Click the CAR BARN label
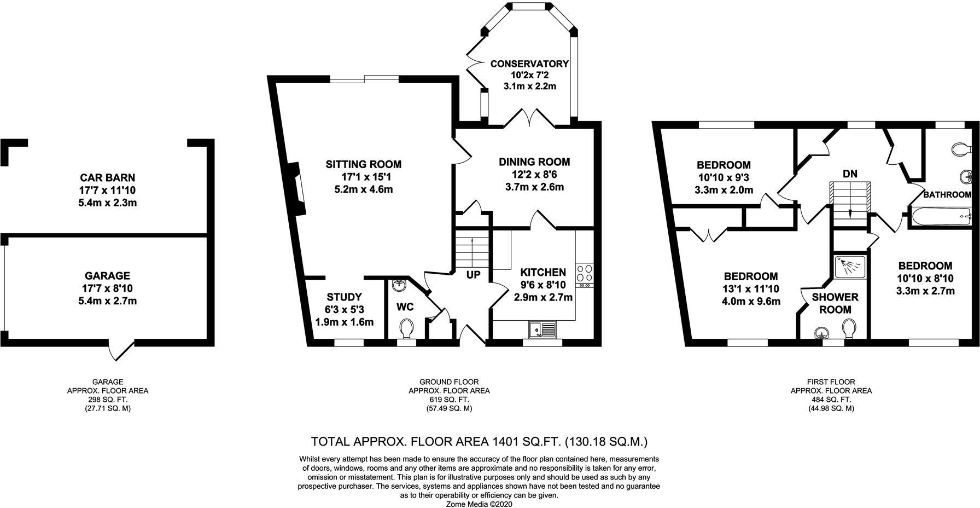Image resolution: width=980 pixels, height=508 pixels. click(107, 178)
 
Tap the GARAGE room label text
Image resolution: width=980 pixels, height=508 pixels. click(107, 276)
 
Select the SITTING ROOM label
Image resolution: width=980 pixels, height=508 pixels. click(364, 164)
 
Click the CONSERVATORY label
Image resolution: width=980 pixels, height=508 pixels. click(529, 64)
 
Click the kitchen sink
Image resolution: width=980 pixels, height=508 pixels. click(542, 330)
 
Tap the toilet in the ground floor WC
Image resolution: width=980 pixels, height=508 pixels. click(405, 330)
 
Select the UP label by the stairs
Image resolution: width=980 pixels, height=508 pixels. click(473, 275)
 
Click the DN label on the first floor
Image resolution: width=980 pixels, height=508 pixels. click(850, 174)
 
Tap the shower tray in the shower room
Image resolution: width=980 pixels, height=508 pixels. click(850, 267)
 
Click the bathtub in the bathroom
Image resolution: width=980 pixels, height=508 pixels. click(941, 216)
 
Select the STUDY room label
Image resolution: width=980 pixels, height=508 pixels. click(344, 297)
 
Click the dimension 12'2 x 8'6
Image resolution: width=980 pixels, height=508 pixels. click(534, 175)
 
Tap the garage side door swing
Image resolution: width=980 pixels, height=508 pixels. click(121, 350)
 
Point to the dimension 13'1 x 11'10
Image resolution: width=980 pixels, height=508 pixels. click(751, 289)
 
